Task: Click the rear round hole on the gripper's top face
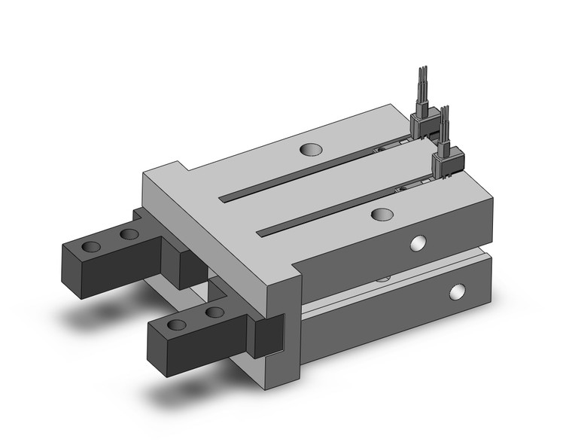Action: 309,149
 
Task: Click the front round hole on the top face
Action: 382,215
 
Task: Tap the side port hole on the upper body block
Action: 418,242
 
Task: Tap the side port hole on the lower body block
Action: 456,292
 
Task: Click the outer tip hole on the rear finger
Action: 91,247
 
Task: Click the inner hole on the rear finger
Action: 129,234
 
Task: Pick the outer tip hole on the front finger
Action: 177,325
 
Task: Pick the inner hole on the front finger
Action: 214,312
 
